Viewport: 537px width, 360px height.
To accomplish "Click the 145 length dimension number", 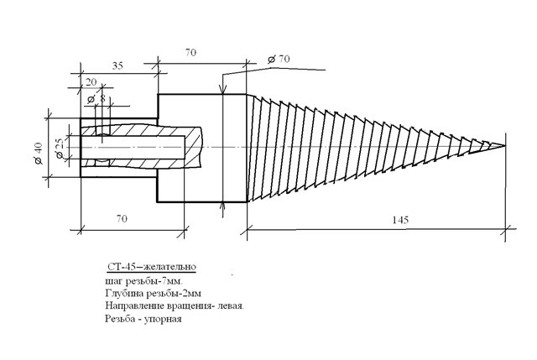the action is (x=400, y=220).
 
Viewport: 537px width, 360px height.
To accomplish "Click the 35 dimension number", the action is (x=117, y=65).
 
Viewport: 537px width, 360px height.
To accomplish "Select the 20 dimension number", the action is (x=91, y=82).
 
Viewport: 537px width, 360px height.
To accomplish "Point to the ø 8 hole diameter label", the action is (x=96, y=99).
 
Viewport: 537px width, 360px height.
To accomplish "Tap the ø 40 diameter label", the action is (x=38, y=153).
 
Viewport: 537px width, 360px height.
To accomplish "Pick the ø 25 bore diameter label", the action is (x=60, y=148).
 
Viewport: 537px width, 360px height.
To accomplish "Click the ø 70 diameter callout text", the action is (x=279, y=60).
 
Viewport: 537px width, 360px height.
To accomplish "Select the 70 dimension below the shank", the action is (x=122, y=218).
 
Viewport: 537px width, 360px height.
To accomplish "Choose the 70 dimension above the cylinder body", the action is (x=190, y=52).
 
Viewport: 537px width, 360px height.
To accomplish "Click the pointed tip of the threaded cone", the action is (x=505, y=145).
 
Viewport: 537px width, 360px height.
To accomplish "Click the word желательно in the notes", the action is (x=169, y=267).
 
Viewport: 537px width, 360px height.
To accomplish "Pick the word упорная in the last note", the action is (x=163, y=319).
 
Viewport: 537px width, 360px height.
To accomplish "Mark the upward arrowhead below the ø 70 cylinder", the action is (x=223, y=206).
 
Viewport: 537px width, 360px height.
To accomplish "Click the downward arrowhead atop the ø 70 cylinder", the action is (x=223, y=90).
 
